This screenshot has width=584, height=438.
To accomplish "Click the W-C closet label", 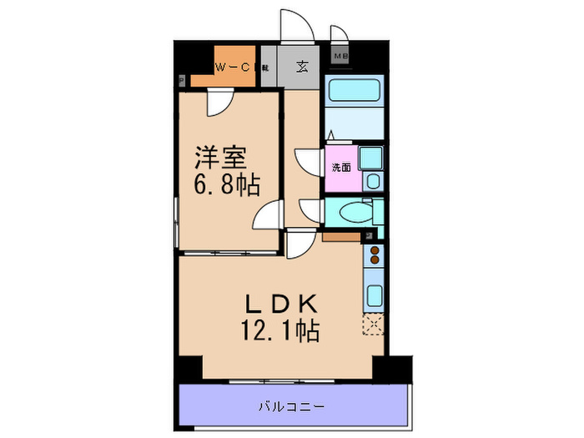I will (234, 68).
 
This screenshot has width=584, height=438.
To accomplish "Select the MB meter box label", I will (340, 56).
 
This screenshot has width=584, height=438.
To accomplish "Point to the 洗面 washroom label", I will (342, 167).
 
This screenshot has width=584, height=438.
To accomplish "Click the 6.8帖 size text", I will (227, 184).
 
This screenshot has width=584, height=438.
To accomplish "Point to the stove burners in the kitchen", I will (375, 254).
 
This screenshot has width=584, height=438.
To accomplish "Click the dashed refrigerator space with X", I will (373, 325).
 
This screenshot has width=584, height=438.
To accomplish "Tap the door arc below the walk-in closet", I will (219, 105).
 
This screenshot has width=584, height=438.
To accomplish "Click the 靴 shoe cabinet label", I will (264, 68).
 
